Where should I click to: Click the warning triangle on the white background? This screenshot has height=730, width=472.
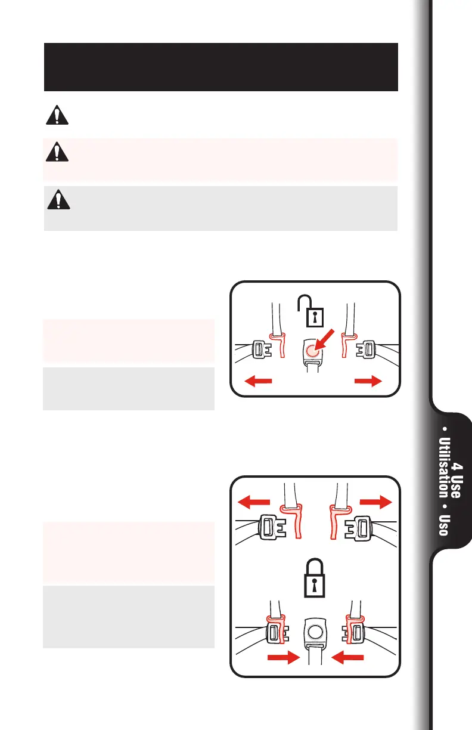pos(57,116)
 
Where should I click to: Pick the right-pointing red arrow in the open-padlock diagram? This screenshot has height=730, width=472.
pos(367,383)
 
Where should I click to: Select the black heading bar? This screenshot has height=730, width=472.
pos(221,67)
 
